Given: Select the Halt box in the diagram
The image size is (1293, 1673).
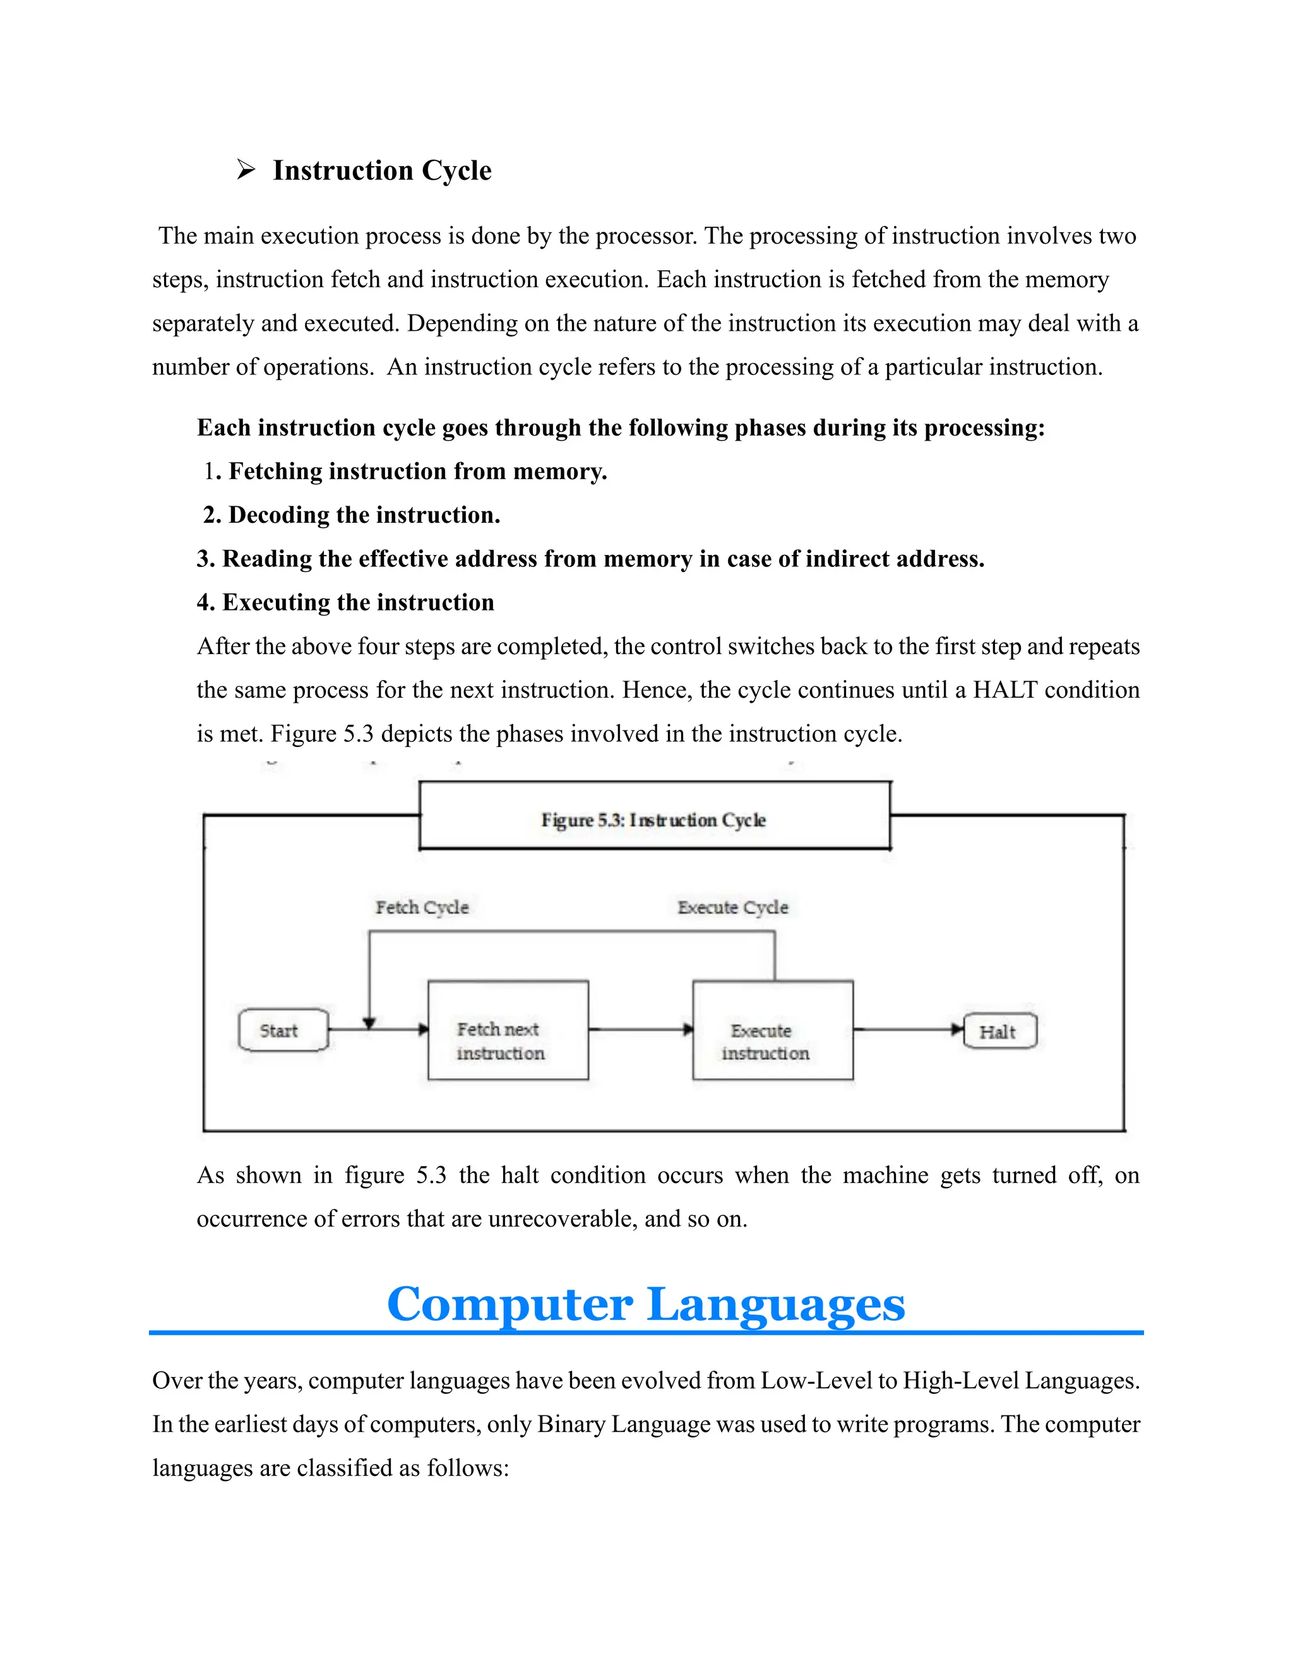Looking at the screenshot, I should coord(999,1031).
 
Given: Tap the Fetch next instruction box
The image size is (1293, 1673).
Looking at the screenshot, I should coord(508,1030).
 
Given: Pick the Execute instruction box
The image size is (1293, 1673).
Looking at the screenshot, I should coord(772,1030).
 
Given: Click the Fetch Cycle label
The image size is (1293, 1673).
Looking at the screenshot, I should coord(421,908).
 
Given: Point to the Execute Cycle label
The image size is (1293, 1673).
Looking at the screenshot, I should coord(732,908).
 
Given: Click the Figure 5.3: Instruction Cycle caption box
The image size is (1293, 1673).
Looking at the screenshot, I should coord(654,816).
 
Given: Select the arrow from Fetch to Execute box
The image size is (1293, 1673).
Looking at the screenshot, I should coord(640,1030).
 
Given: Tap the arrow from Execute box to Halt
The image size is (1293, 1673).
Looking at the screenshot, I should coord(907,1030).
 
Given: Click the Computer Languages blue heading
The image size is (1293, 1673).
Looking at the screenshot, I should coord(646,1304).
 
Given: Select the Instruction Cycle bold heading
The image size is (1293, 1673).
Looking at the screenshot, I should coord(381,170).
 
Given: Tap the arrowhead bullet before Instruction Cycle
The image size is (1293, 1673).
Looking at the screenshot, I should coord(245,169).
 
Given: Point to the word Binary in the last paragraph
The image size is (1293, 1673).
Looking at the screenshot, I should coord(570,1425).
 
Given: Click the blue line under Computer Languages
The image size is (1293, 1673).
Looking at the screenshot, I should coord(646,1333).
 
